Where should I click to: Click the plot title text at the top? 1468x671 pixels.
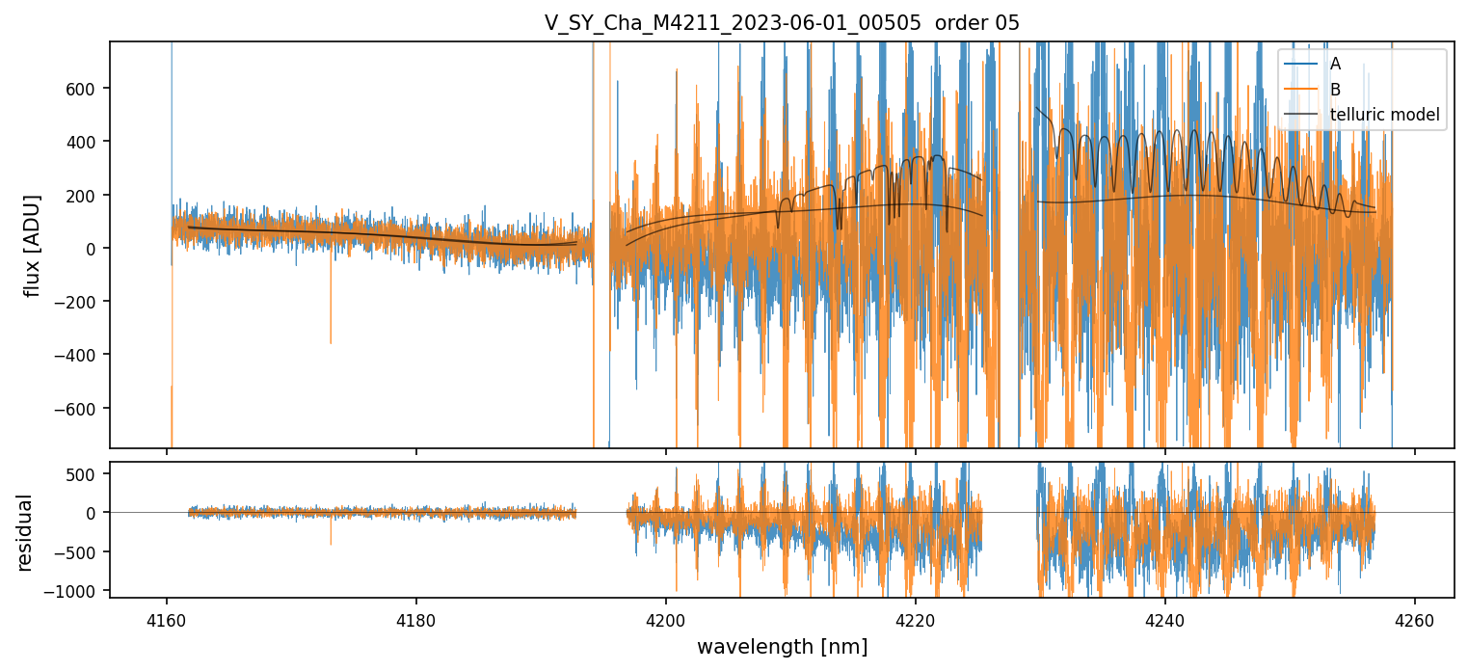(x=782, y=23)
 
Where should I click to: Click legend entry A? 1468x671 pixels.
(x=1335, y=64)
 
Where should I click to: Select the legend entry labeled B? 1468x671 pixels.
(x=1335, y=90)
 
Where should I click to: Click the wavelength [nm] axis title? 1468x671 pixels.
(x=782, y=646)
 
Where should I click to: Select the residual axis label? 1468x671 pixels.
(x=24, y=532)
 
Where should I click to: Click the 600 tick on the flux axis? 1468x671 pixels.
(x=85, y=89)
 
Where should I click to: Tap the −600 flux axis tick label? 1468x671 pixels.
(x=80, y=409)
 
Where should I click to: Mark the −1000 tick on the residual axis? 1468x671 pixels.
(x=74, y=591)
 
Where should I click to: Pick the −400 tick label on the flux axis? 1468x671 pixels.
(x=80, y=356)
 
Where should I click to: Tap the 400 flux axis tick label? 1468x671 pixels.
(x=85, y=142)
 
